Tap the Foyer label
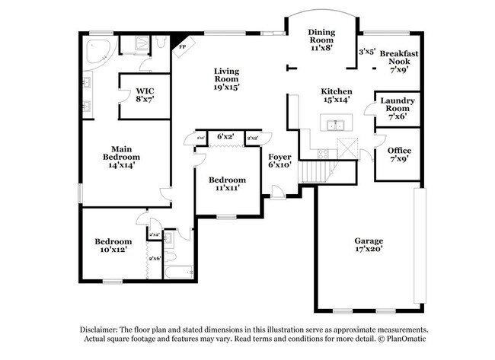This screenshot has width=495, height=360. tap(279, 158)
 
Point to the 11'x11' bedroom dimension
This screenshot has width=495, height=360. tap(228, 189)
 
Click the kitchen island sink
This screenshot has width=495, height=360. tap(334, 125)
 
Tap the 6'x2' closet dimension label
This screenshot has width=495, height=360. tap(225, 137)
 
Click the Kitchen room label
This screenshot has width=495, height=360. tap(336, 94)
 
